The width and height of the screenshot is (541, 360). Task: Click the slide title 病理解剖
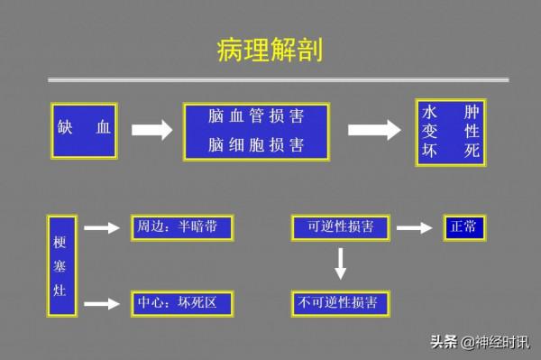270,50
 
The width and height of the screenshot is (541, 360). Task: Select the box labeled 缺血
84,131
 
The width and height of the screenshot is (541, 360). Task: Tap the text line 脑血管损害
255,117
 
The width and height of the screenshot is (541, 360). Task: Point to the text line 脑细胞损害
255,144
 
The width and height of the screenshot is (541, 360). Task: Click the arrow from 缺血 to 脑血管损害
151,131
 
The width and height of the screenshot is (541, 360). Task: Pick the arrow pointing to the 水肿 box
374,131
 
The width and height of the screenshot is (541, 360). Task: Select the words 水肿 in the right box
450,114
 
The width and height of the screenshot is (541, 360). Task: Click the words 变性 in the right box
450,132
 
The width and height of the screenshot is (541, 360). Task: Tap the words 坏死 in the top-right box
450,151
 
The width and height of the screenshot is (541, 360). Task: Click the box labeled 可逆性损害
340,227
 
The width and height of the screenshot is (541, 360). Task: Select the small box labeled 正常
463,227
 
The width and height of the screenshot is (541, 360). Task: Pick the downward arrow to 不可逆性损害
340,263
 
